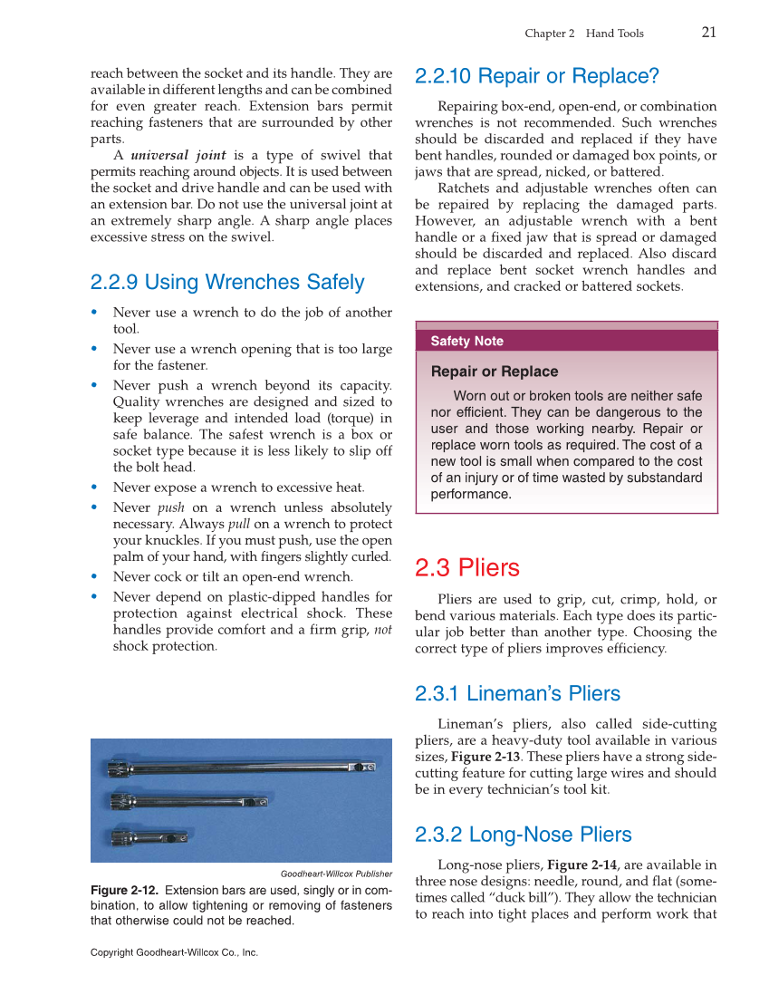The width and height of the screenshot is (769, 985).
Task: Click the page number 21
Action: coord(708,33)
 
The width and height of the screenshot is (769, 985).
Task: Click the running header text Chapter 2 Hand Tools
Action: coord(584,34)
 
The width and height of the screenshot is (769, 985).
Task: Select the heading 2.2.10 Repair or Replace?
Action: coord(536,76)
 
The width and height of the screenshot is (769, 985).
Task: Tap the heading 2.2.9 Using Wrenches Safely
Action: coord(227,282)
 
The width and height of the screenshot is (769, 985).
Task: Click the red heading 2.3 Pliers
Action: coord(466,568)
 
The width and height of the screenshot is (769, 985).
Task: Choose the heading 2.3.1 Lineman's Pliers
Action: coord(517,694)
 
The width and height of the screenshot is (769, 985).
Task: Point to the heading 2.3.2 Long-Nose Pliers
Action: coord(523,835)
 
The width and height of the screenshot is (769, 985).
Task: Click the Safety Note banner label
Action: coord(466,342)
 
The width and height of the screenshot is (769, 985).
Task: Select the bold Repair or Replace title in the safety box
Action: coord(494,372)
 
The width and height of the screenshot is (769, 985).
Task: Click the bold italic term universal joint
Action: coord(178,155)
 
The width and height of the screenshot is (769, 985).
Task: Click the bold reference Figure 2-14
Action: coord(582,864)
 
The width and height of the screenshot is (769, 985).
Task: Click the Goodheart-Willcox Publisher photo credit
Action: coord(336,874)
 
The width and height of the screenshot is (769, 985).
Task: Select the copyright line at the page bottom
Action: coord(174,952)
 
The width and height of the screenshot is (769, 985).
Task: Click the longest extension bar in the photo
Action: coord(240,769)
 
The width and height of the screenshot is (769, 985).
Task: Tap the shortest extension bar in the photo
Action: coord(149,835)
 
